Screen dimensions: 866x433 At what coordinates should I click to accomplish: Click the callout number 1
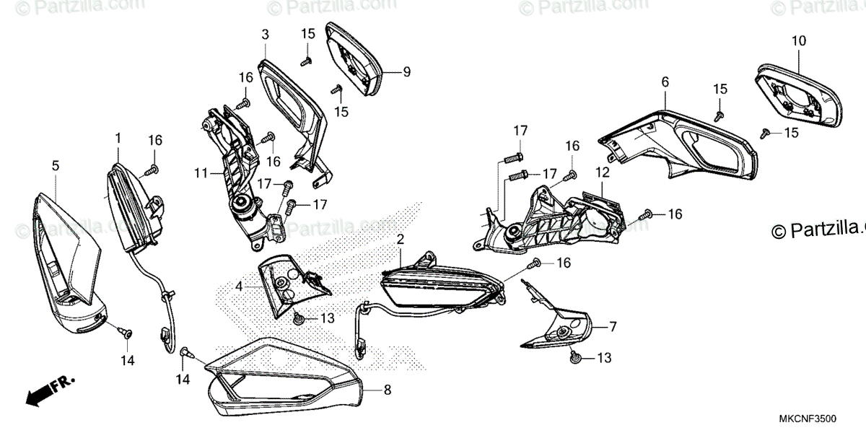[x=118, y=136]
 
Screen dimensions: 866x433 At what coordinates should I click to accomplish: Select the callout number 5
[x=56, y=166]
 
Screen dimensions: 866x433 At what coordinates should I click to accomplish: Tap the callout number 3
[x=265, y=34]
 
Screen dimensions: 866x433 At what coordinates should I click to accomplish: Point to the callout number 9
[x=406, y=71]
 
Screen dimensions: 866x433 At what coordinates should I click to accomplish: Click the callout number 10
[x=798, y=41]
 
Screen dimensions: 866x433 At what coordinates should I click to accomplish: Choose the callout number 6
[x=665, y=83]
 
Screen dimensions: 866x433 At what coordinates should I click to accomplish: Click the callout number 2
[x=401, y=238]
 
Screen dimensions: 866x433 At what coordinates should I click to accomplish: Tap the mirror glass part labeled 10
[x=797, y=94]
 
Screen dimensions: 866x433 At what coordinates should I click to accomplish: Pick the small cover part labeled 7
[x=559, y=328]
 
